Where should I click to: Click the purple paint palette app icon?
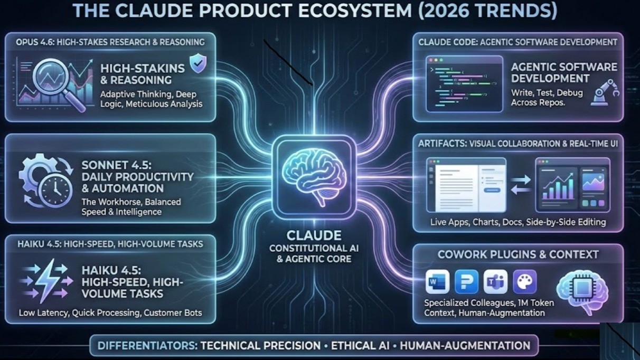pyautogui.click(x=524, y=281)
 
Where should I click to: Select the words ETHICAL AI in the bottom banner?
pyautogui.click(x=360, y=346)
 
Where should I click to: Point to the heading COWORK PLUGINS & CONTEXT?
pyautogui.click(x=517, y=254)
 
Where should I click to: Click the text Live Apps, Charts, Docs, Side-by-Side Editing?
pyautogui.click(x=517, y=222)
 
